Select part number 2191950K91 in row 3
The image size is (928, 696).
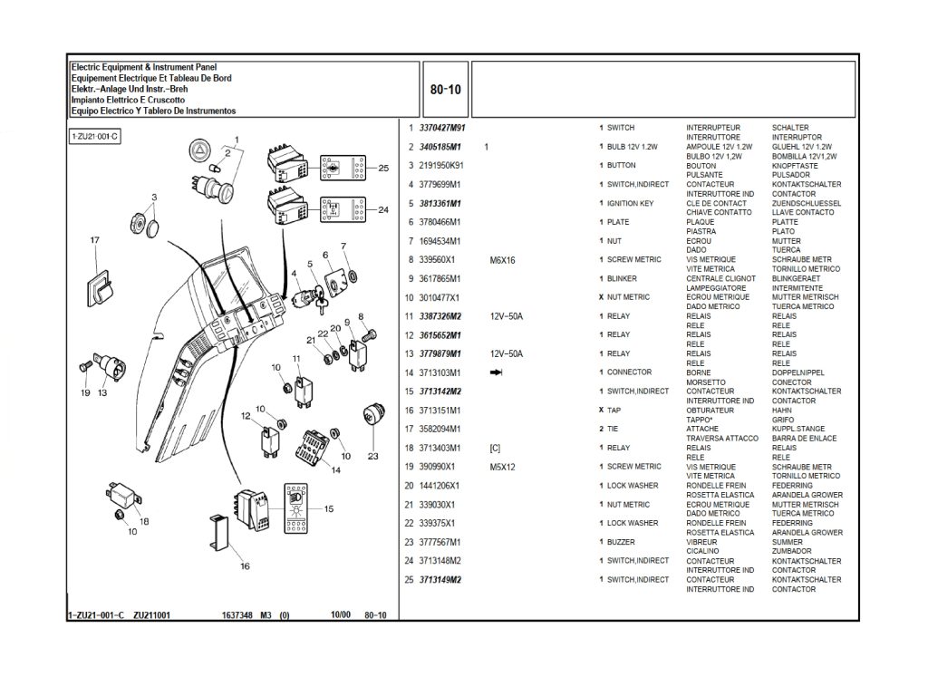coord(441,166)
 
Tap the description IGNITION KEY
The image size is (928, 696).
coord(630,204)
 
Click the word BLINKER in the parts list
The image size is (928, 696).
coord(622,278)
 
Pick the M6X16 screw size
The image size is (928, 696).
coord(502,260)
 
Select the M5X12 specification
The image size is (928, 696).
coord(502,467)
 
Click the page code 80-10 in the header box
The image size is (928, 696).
coord(445,90)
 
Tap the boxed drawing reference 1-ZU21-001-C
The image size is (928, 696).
coord(95,136)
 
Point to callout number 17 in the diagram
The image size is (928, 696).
coord(94,240)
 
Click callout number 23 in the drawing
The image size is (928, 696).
coord(372,456)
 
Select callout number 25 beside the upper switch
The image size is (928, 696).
coord(383,168)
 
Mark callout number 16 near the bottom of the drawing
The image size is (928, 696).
coord(245,566)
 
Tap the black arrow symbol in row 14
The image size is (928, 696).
coord(496,372)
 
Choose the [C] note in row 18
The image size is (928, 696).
coord(495,448)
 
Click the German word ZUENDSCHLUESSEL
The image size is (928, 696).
coord(806,204)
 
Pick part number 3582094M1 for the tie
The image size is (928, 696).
coord(440,429)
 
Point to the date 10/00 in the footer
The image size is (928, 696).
coord(341,615)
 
